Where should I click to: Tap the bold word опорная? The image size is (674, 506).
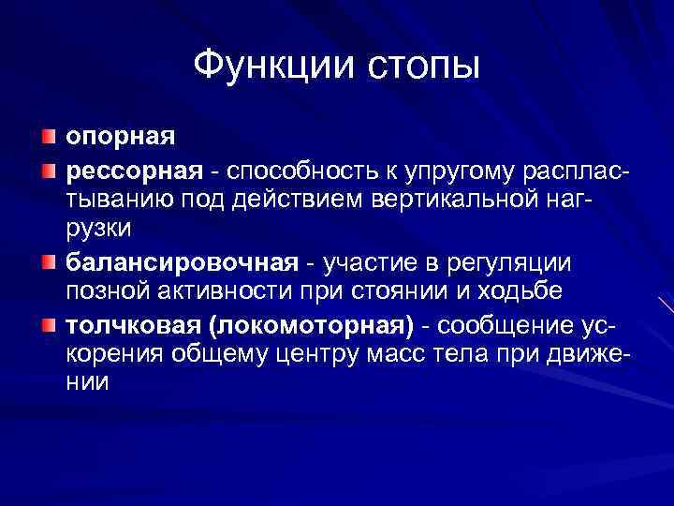[119, 139]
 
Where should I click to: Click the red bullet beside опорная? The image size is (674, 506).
[48, 139]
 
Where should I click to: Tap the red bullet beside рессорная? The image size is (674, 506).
[48, 171]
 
